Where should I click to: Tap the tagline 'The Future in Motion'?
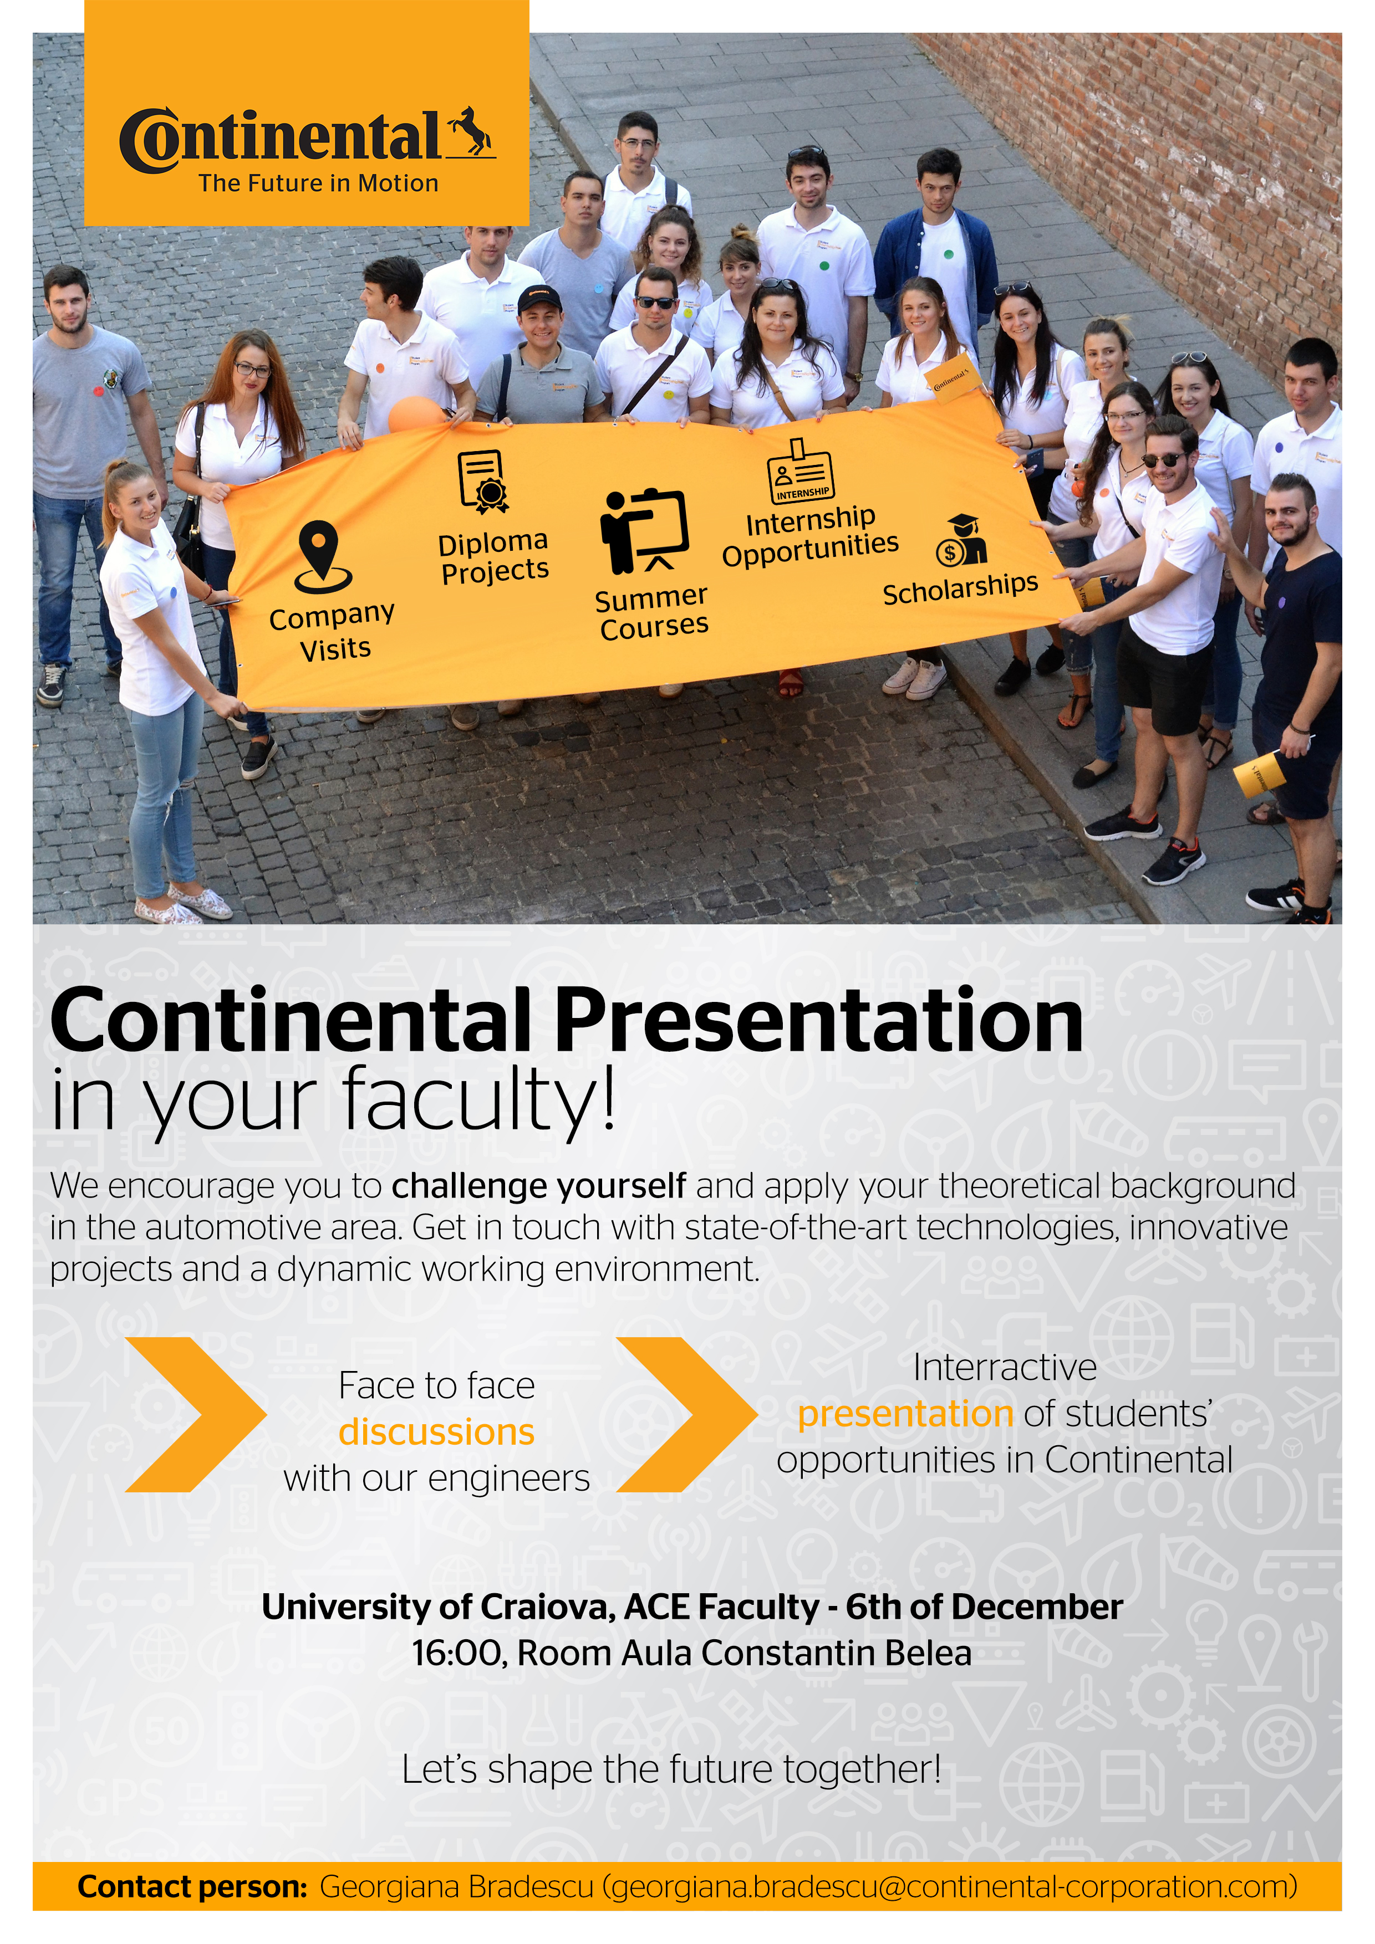pos(319,184)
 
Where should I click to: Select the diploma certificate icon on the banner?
pos(483,481)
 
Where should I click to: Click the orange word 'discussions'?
pos(436,1433)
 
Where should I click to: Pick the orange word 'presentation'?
pos(905,1415)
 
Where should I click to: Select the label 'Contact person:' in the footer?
pos(192,1887)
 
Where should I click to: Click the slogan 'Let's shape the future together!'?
pos(671,1769)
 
